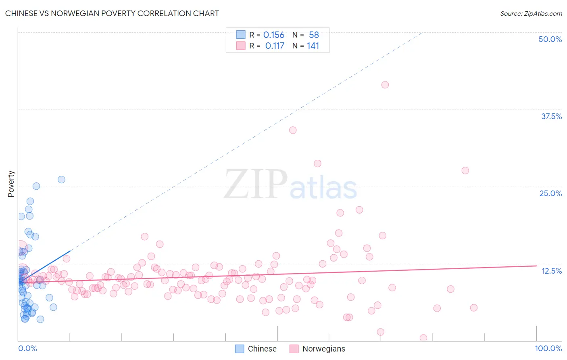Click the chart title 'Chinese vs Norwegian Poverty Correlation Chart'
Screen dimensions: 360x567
[x=112, y=13]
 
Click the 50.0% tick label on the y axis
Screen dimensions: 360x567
[x=550, y=39]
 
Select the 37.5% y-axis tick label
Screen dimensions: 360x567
[x=551, y=116]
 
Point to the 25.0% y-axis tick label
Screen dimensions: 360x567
[x=550, y=193]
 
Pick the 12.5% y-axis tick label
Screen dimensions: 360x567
[x=551, y=271]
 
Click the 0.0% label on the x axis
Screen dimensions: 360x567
[x=27, y=348]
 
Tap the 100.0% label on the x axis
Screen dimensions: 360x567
[x=548, y=348]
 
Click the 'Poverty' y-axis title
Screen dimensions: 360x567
[x=11, y=184]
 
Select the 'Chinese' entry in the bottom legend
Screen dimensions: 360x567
[x=262, y=349]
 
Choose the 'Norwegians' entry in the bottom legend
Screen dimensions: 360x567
[x=324, y=349]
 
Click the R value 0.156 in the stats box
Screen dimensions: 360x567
[x=274, y=35]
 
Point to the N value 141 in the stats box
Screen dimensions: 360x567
[x=313, y=46]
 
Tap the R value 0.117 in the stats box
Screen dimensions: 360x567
[x=275, y=46]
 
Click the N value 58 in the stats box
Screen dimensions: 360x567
[x=314, y=35]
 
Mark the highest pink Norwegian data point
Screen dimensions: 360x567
[x=385, y=85]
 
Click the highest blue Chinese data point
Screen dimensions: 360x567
[x=61, y=180]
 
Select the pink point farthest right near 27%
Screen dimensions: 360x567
[x=465, y=170]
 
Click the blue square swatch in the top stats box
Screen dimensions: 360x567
[x=241, y=35]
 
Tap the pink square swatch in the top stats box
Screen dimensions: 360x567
[x=241, y=46]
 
